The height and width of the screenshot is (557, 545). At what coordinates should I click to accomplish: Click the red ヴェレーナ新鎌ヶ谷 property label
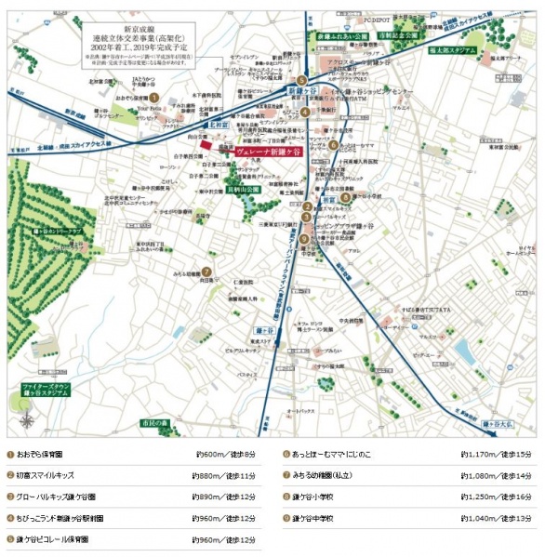[x=270, y=152]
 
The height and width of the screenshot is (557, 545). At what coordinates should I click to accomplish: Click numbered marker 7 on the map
[x=206, y=272]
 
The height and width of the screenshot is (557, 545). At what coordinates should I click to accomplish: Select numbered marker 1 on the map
[x=155, y=96]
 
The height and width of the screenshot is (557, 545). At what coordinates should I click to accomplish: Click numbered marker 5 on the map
[x=302, y=81]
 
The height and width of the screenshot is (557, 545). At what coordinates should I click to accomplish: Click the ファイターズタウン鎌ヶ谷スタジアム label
[x=47, y=389]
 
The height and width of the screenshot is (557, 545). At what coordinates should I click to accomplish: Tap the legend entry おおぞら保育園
[x=39, y=455]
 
